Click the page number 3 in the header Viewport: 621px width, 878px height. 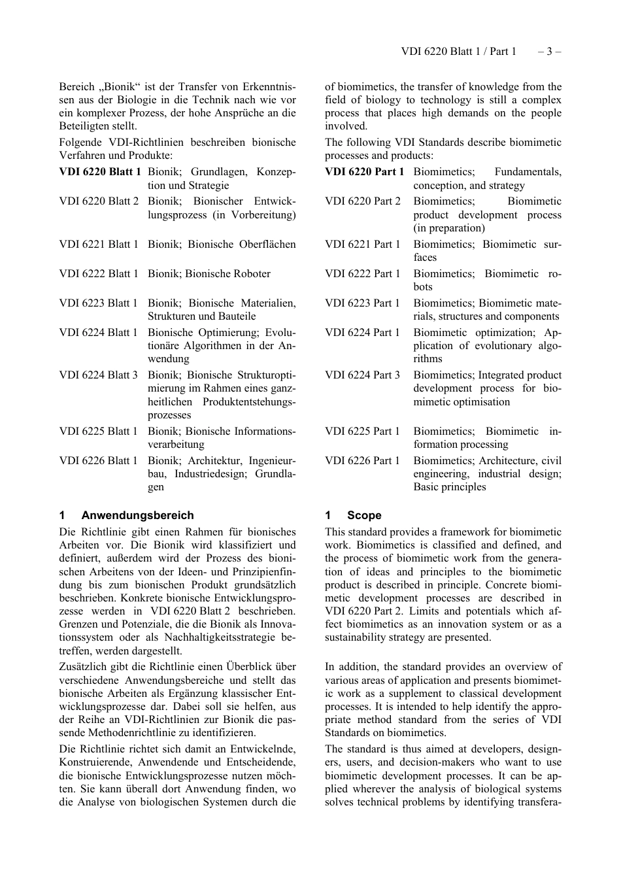tap(549, 52)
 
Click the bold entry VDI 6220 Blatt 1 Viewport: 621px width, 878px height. tap(100, 172)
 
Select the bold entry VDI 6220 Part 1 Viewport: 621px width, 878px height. tap(364, 172)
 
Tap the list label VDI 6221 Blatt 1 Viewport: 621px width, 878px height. tap(99, 245)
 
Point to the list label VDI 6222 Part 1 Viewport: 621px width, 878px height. tap(362, 274)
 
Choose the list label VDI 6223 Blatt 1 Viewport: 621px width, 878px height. tap(99, 303)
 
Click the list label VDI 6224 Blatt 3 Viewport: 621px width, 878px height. tap(99, 375)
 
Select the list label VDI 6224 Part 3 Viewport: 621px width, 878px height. tap(362, 375)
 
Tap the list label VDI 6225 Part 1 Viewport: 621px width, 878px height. tap(362, 431)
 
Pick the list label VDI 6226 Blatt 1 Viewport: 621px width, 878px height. tap(99, 461)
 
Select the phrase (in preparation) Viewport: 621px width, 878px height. tap(449, 228)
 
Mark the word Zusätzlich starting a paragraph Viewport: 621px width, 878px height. tap(83, 667)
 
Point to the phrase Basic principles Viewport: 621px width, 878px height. tap(450, 487)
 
